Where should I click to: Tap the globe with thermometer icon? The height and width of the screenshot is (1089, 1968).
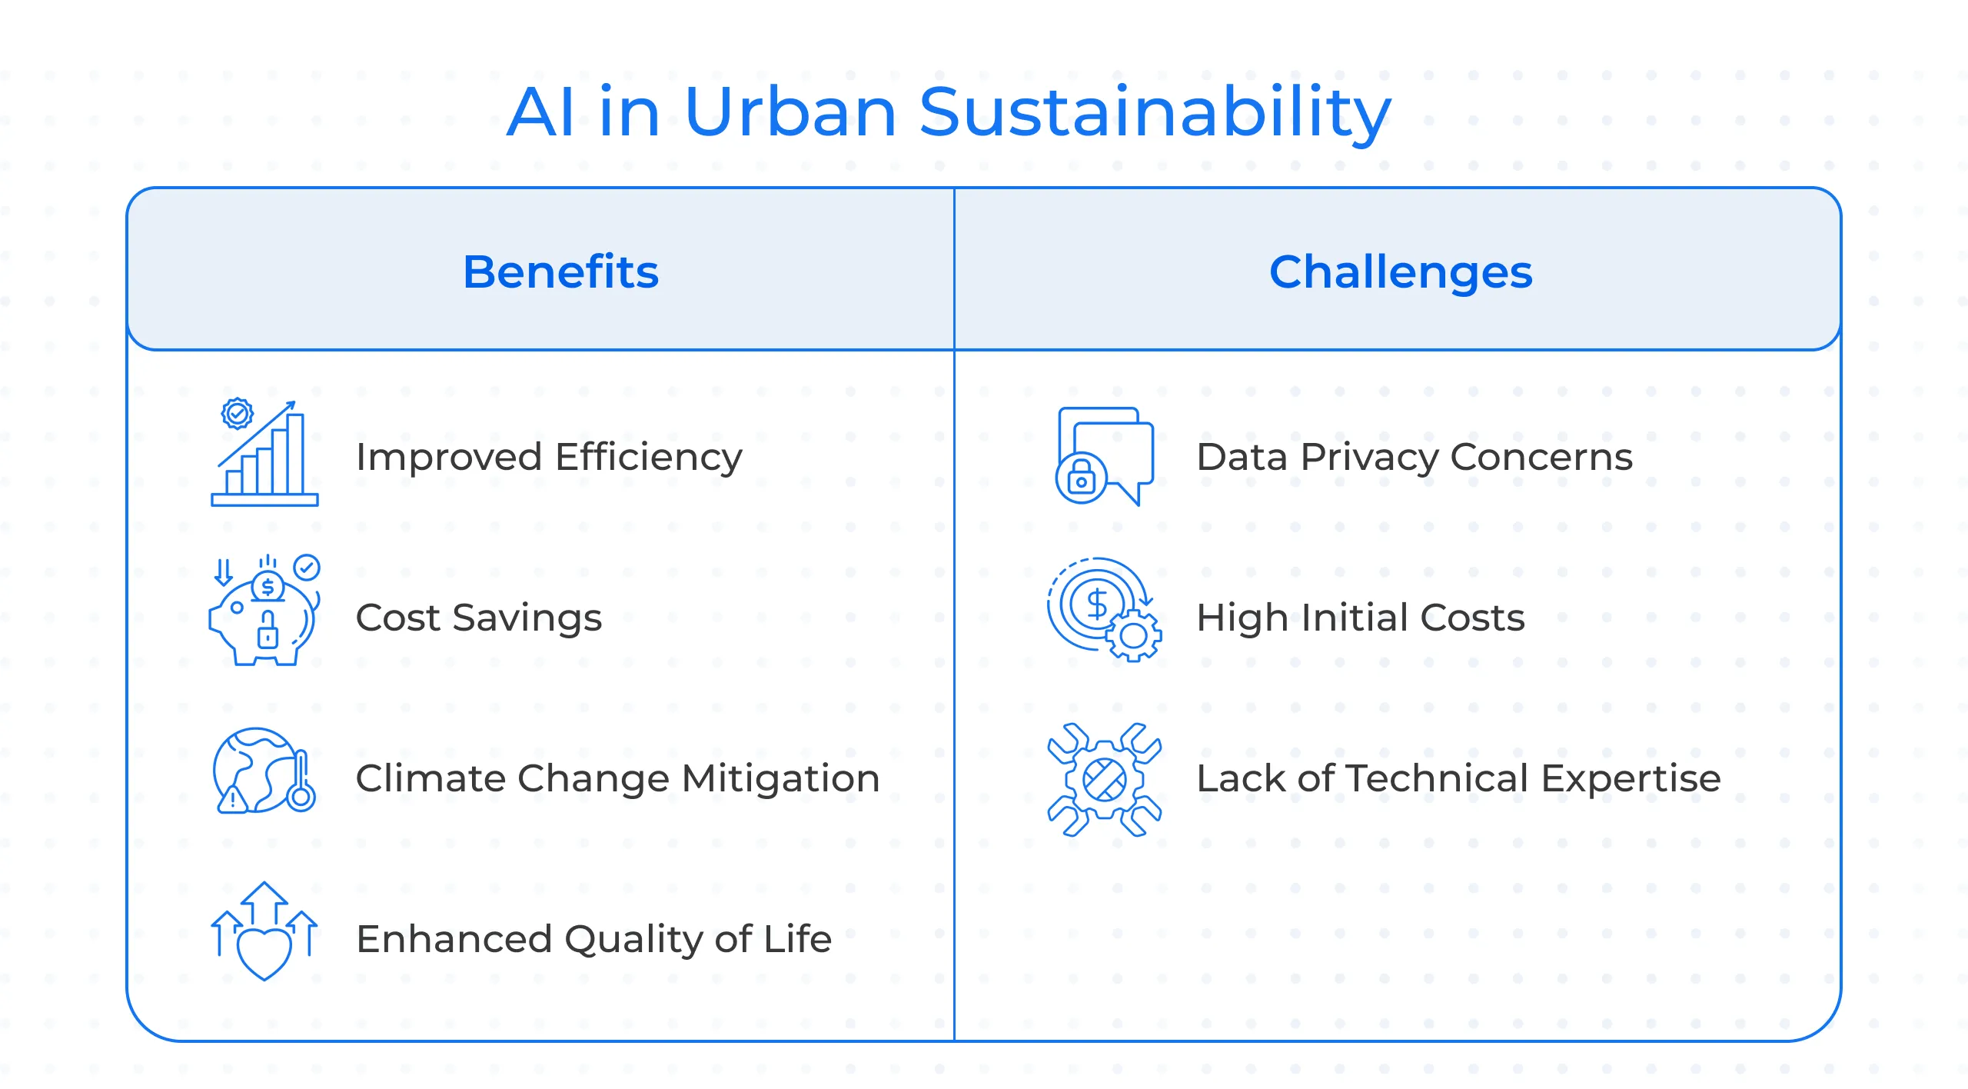tap(264, 771)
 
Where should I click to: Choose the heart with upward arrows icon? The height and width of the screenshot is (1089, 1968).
tap(264, 931)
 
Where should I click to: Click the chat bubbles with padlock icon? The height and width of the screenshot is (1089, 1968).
tap(1105, 455)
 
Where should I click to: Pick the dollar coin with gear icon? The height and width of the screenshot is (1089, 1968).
tap(1104, 609)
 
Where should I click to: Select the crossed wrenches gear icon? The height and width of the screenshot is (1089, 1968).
tap(1104, 779)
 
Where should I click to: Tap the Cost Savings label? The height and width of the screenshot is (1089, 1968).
tap(478, 618)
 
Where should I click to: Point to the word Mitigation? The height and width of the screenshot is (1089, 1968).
tap(780, 778)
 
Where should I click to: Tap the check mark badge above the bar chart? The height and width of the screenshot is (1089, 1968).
tap(237, 414)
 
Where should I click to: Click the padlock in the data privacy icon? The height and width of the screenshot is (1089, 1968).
tap(1081, 478)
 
